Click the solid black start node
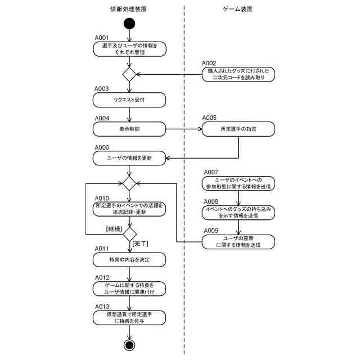129,24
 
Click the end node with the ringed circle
129,345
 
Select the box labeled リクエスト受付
129,100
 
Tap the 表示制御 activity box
129,129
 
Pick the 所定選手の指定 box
238,129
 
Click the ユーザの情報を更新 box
129,158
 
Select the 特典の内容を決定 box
129,260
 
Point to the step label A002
209,63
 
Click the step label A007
211,172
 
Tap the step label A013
102,307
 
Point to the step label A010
102,198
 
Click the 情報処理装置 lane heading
128,9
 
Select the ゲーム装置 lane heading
237,9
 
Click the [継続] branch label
114,229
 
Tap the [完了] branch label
140,244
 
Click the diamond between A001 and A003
129,74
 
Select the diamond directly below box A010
130,234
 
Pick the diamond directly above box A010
129,183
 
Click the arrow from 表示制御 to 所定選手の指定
184,129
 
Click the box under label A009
238,242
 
